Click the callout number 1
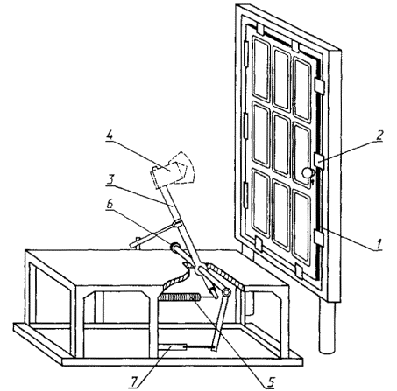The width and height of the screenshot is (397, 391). [379, 243]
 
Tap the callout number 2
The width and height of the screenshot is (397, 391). [379, 135]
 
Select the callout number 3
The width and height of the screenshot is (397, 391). [110, 179]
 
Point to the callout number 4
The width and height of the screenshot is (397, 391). [110, 136]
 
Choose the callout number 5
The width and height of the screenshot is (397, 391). [270, 381]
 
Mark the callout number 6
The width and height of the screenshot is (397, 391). [110, 204]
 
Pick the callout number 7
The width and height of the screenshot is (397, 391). [134, 381]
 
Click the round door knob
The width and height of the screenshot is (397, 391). [308, 172]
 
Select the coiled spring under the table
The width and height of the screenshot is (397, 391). [179, 297]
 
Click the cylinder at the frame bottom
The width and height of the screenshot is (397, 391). [172, 346]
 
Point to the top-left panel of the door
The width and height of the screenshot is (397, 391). [260, 69]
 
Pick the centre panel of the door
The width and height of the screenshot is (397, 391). [281, 144]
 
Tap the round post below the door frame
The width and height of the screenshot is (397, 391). [327, 326]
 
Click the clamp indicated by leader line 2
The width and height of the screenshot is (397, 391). [319, 161]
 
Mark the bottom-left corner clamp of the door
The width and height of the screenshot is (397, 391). [259, 243]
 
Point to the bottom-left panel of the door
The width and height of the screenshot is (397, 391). [260, 202]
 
